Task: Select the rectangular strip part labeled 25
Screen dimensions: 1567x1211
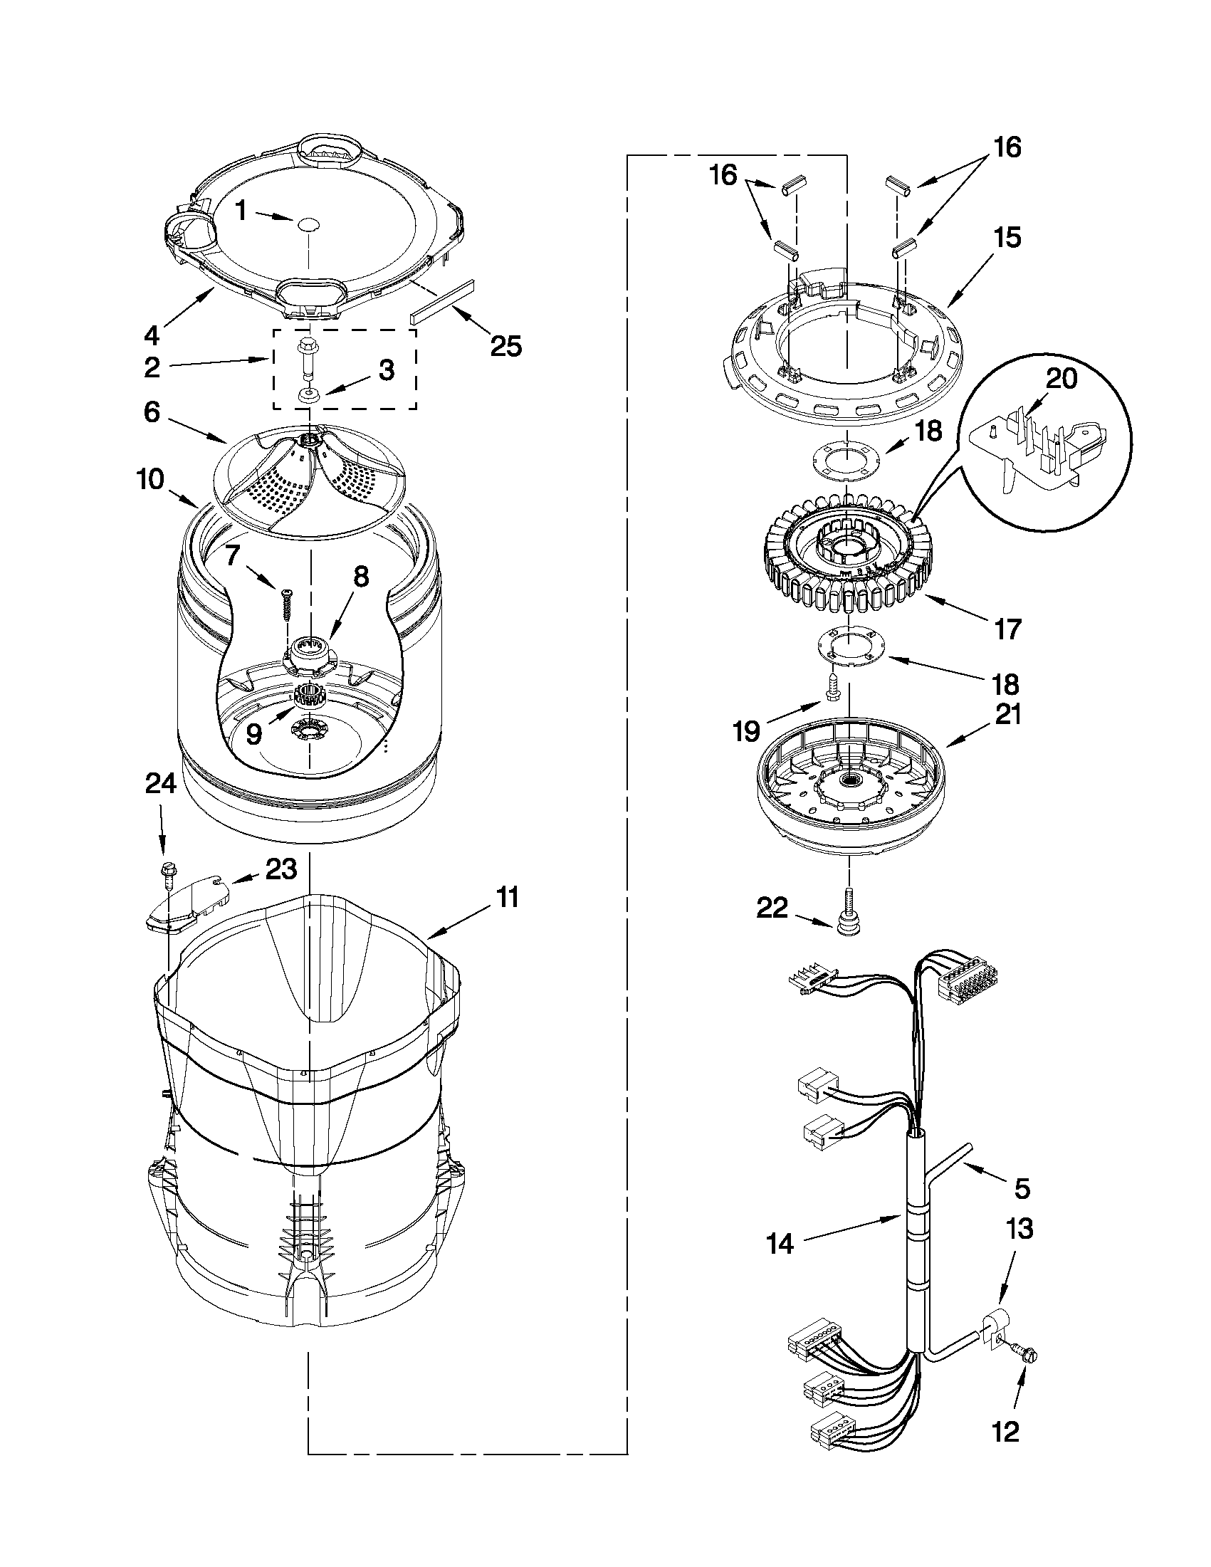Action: pos(443,300)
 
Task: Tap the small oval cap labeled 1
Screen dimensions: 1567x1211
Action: pos(309,224)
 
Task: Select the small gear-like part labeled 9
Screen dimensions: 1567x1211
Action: pos(309,696)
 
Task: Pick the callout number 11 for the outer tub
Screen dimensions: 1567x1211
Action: pos(507,898)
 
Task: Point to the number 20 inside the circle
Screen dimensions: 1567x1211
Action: pos(1061,378)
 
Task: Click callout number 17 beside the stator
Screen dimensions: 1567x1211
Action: pos(1007,629)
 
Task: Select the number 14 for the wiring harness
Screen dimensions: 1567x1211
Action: pos(780,1242)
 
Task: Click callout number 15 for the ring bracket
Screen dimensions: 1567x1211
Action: pos(1007,237)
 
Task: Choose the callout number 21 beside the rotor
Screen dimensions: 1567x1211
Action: pos(1007,715)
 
